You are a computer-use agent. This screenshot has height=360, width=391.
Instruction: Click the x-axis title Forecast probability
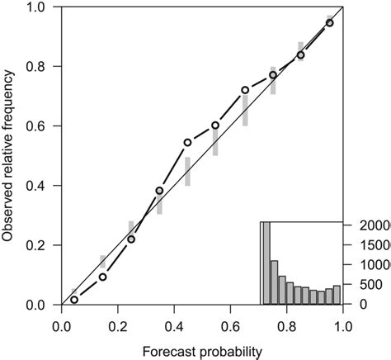click(x=202, y=351)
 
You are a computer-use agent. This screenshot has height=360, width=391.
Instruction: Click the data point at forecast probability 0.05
click(x=74, y=300)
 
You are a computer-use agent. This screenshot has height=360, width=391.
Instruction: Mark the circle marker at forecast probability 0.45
click(x=187, y=142)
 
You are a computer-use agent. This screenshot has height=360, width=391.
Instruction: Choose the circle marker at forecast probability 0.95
click(x=329, y=23)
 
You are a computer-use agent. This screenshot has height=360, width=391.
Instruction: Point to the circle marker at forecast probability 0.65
click(x=245, y=90)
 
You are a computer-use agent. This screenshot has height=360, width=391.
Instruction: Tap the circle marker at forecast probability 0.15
click(x=103, y=277)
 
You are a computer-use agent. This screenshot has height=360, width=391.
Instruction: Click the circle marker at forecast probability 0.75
click(x=273, y=75)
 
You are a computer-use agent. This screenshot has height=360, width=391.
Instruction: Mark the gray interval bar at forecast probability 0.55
click(x=215, y=140)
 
